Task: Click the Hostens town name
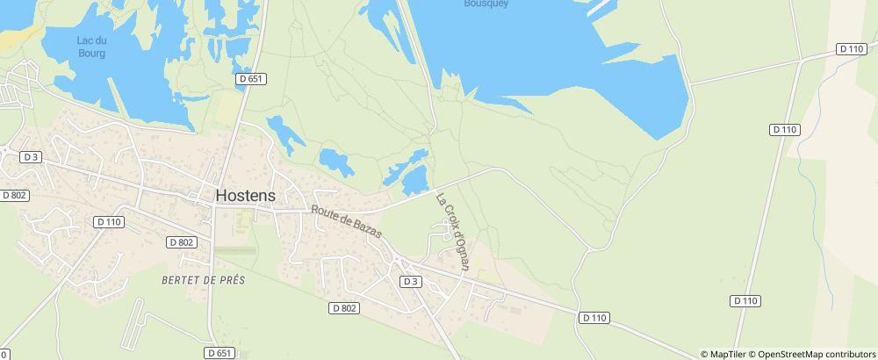point(245,196)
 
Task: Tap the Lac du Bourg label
point(91,47)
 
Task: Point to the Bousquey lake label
point(486,4)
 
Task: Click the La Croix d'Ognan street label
point(455,232)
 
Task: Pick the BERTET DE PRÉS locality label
point(203,279)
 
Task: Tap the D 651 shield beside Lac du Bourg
point(250,79)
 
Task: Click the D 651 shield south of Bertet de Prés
point(220,352)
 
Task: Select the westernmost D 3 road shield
point(32,157)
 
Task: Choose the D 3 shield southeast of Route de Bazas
point(410,281)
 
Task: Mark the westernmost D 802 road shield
point(15,195)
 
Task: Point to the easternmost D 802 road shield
point(345,307)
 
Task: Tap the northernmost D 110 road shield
point(851,49)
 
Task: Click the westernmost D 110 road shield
point(108,222)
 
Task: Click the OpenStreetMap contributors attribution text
point(810,354)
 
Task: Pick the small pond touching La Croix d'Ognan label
point(414,180)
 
